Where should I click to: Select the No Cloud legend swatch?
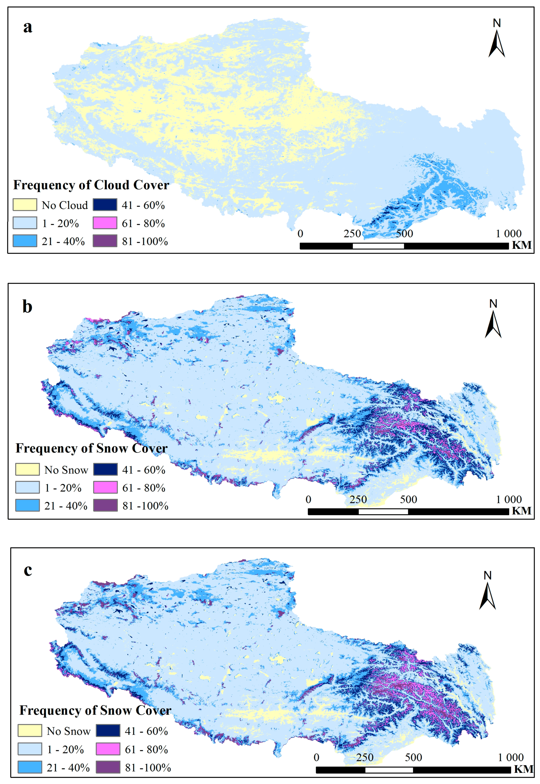(x=25, y=205)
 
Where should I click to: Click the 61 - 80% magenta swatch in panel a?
(x=105, y=223)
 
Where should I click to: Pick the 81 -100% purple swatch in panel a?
(x=105, y=241)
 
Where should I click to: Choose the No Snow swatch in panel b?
(x=27, y=470)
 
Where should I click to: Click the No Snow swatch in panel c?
(x=30, y=731)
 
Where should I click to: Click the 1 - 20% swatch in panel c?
(x=30, y=749)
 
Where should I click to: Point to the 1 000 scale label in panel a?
(x=509, y=234)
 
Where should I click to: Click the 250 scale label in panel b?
(x=358, y=499)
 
